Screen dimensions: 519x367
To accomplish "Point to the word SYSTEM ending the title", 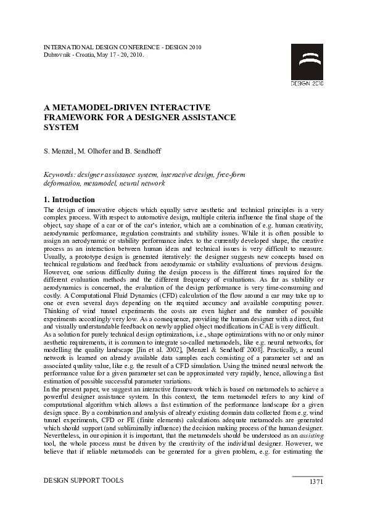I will pos(61,128).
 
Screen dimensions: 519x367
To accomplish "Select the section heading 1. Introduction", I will pos(69,200).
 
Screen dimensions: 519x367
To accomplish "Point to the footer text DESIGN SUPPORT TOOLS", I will pos(83,480).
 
